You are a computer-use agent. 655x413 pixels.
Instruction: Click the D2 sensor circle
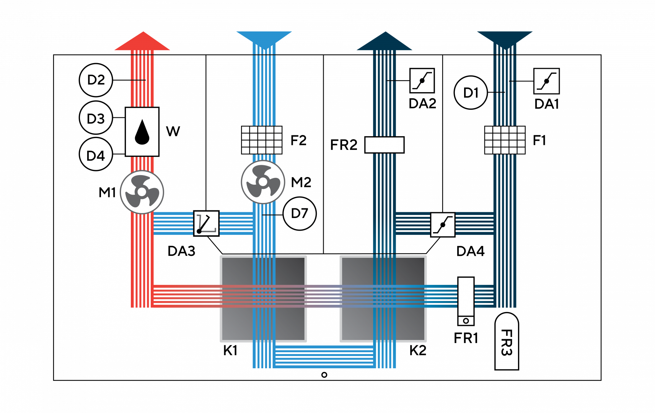96,80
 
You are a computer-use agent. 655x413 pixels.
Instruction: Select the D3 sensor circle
96,118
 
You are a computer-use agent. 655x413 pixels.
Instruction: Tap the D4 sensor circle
96,154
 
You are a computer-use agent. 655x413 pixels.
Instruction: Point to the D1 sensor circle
471,93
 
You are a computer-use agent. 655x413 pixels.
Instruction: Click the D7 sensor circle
300,214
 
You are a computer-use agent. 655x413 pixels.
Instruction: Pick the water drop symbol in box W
142,132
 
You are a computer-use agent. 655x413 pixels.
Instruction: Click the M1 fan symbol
142,192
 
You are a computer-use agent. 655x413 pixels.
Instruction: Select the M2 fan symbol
263,182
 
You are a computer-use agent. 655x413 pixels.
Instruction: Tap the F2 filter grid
262,140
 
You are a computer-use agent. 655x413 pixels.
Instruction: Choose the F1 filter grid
505,140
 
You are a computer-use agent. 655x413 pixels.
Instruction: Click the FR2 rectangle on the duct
385,145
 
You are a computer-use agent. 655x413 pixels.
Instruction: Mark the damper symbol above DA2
422,80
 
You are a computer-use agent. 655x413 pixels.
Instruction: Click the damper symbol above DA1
546,81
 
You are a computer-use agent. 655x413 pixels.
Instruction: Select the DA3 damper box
207,223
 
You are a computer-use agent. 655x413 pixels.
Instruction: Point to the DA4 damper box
443,225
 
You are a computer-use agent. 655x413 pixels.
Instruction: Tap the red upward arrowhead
142,41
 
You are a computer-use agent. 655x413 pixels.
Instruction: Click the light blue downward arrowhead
264,39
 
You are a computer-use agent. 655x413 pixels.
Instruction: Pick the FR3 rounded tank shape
507,341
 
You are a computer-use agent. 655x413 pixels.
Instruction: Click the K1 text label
230,350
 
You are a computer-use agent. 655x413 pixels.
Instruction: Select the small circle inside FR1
466,321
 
